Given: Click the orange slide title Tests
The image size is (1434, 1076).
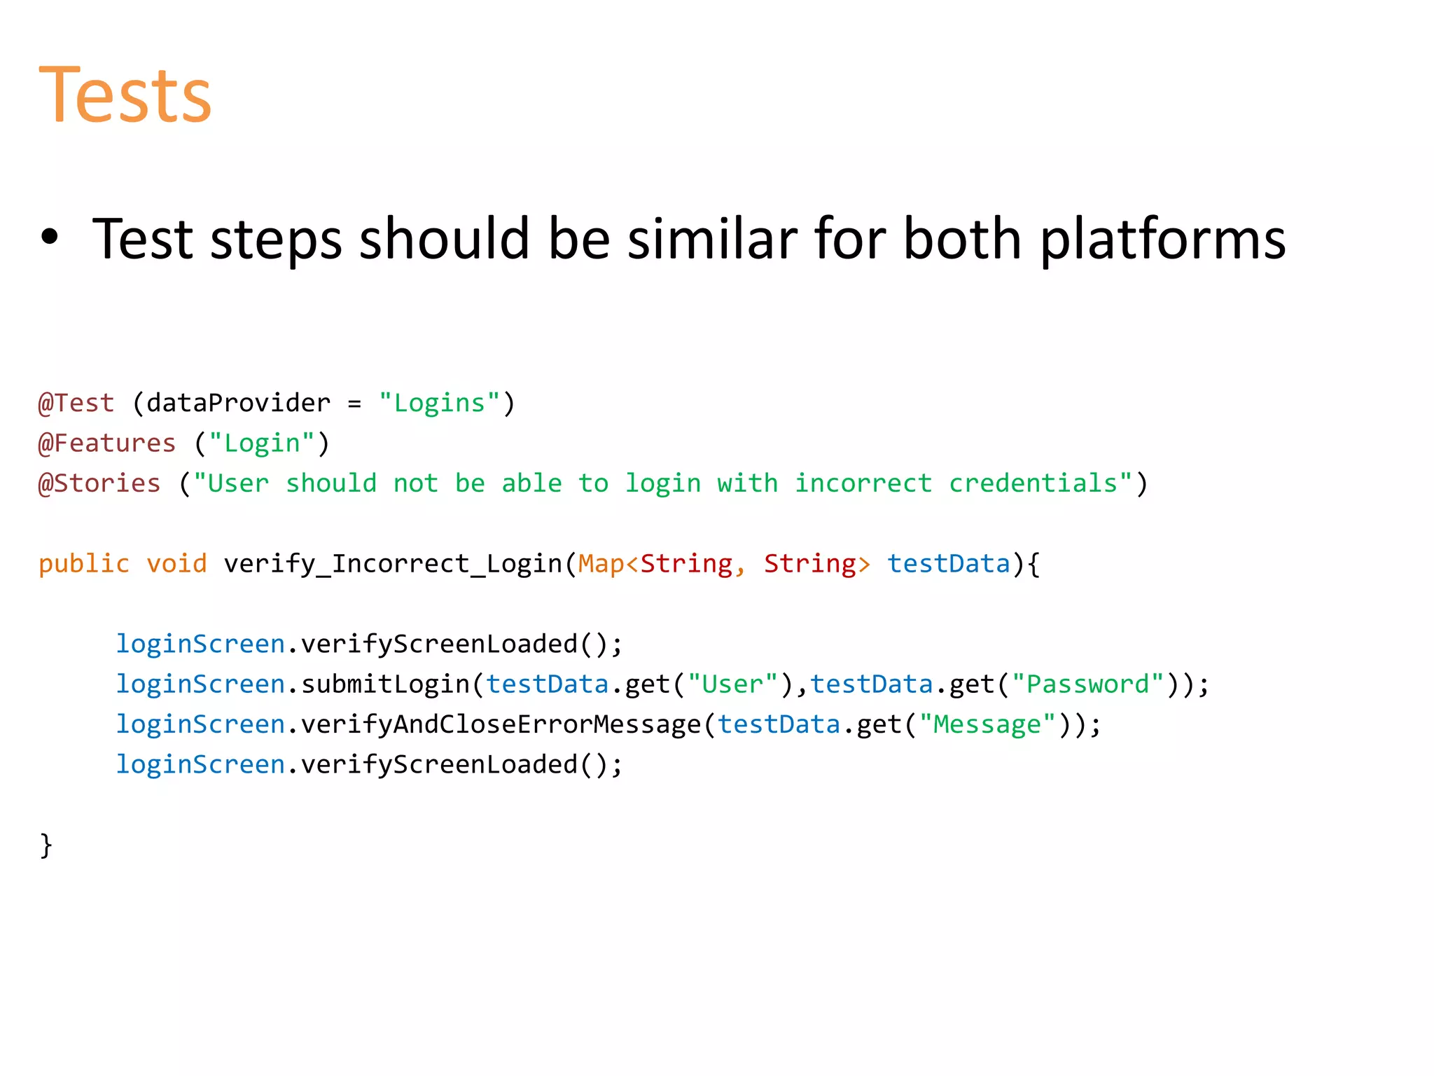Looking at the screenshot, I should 125,95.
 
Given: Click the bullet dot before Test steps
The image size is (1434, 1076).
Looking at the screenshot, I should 49,237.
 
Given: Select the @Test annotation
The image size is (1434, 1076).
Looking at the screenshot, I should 76,403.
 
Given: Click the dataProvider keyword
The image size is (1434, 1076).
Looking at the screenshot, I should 238,403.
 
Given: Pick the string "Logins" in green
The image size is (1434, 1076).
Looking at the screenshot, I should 440,403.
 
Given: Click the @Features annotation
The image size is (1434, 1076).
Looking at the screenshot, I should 107,443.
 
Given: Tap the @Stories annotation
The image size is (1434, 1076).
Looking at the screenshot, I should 99,483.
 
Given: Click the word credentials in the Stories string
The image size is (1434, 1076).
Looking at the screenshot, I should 1033,483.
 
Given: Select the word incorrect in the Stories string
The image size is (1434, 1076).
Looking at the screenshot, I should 863,483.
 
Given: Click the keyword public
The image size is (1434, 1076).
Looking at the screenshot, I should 84,564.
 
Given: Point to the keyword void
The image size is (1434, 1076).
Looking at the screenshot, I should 176,564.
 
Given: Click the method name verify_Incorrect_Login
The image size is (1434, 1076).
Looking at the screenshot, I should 393,564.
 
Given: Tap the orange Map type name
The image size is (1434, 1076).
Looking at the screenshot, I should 601,564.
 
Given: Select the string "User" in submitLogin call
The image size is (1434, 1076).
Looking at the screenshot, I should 732,684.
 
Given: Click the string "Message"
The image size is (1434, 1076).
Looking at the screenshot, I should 987,724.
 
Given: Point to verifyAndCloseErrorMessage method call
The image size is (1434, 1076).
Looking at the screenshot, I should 501,724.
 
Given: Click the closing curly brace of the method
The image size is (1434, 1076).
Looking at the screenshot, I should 46,845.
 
